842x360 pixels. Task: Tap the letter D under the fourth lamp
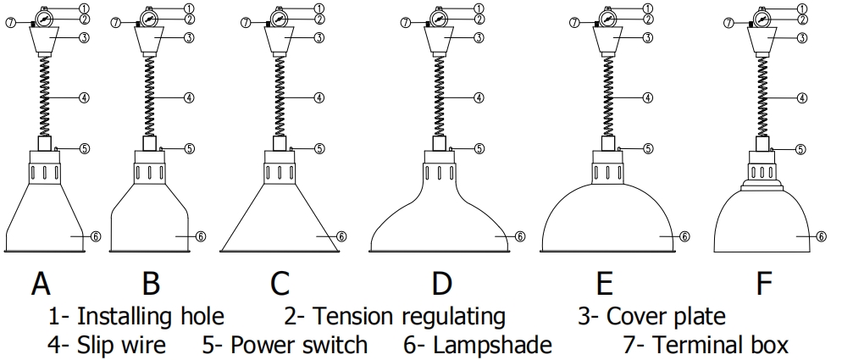[441, 283]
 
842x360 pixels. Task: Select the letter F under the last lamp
[764, 283]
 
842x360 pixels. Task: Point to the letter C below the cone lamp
[280, 283]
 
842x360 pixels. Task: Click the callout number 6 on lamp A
[96, 236]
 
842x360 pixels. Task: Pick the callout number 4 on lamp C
[319, 97]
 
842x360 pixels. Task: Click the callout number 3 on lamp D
[479, 37]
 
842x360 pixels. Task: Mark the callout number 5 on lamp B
[190, 148]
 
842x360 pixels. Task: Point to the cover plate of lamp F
[761, 39]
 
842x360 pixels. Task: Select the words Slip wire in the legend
[119, 345]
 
